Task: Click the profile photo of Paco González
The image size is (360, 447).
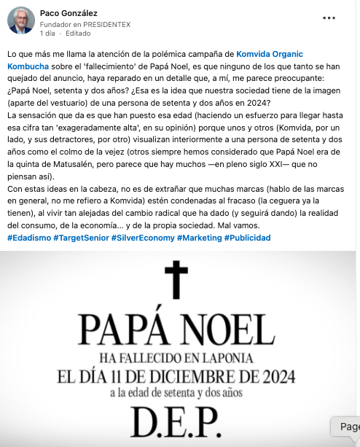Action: [x=21, y=21]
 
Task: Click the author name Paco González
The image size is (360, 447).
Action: [x=70, y=13]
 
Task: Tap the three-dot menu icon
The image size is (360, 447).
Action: [x=329, y=18]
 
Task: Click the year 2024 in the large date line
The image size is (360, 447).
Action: [x=270, y=377]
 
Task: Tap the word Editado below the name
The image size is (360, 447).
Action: [x=79, y=34]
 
